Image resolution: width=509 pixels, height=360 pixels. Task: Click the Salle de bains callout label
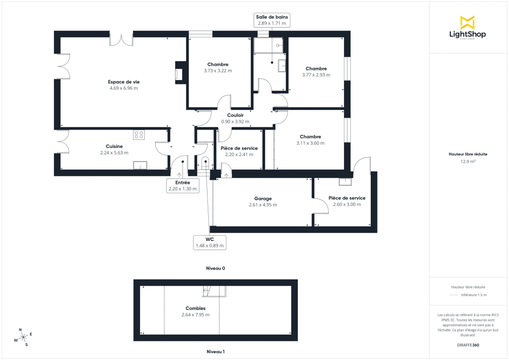pyautogui.click(x=272, y=20)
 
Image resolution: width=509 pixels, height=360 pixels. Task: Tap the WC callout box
pyautogui.click(x=210, y=243)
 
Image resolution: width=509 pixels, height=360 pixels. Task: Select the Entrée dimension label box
pyautogui.click(x=183, y=186)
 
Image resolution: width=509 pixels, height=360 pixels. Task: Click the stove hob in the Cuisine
pyautogui.click(x=139, y=135)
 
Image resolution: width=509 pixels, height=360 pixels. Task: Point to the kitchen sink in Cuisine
pyautogui.click(x=140, y=165)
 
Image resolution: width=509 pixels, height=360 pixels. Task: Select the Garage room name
pyautogui.click(x=263, y=198)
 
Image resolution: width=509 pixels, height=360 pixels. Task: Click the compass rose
pyautogui.click(x=24, y=337)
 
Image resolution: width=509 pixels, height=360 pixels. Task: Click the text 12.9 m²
pyautogui.click(x=468, y=161)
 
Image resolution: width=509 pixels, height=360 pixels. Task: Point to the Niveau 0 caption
pyautogui.click(x=215, y=268)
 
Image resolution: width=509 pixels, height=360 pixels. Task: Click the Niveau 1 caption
pyautogui.click(x=215, y=352)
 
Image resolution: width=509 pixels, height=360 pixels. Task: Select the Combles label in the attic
pyautogui.click(x=196, y=308)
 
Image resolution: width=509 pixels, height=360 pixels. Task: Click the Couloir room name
pyautogui.click(x=235, y=115)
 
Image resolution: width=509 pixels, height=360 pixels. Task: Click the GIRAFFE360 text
pyautogui.click(x=468, y=345)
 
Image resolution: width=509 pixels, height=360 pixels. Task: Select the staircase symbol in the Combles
pyautogui.click(x=208, y=291)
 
